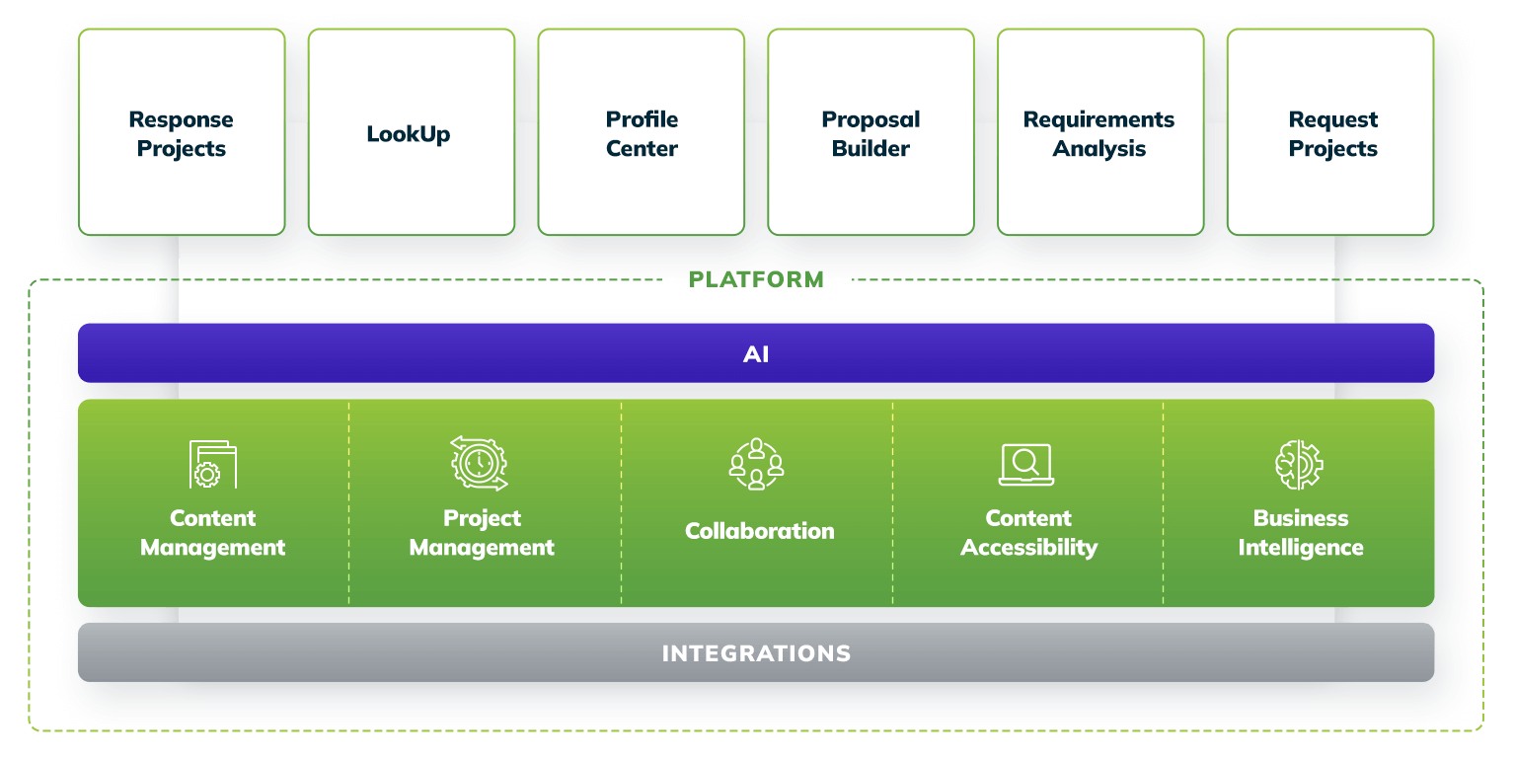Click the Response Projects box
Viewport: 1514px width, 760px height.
pos(182,132)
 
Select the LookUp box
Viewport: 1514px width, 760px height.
pos(412,132)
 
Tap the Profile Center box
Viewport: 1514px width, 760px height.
pos(642,132)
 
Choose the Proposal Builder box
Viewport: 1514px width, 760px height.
pos(871,132)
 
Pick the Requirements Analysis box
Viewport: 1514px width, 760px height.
pos(1101,132)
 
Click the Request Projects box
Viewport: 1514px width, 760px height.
pos(1330,132)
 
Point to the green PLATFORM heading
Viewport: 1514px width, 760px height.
pos(756,279)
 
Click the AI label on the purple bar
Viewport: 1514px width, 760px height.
pos(756,354)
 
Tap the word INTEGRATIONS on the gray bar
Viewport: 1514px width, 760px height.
pos(756,653)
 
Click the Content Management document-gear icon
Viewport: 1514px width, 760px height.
pos(213,464)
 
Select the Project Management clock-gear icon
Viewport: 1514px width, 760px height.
pos(480,463)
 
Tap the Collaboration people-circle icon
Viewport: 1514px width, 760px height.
pos(756,464)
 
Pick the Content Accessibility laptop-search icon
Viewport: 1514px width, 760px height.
pos(1026,465)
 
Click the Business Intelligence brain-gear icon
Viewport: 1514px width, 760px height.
pos(1299,465)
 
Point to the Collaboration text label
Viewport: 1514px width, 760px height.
pos(760,531)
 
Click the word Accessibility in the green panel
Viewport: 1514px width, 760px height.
pos(1029,548)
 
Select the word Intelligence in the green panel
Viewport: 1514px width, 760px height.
pos(1301,548)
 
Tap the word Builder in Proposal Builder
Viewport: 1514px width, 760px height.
pos(871,148)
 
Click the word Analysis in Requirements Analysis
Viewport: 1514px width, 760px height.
pos(1099,149)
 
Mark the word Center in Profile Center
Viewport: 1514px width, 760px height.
pos(642,148)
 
